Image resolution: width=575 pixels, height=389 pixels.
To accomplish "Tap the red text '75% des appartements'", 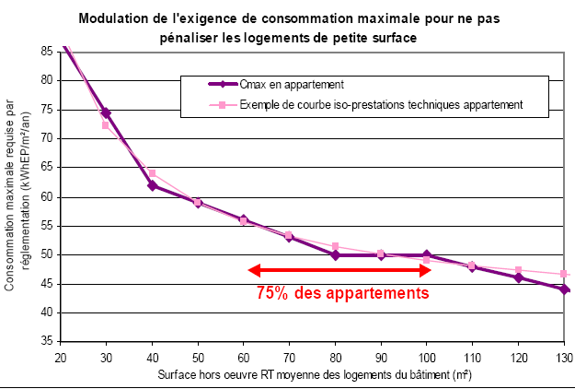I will click(343, 295).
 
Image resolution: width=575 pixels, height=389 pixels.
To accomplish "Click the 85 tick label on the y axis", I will click(44, 50).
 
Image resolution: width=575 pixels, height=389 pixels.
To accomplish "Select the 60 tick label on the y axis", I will click(44, 196).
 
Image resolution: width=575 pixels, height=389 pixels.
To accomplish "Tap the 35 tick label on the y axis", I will click(44, 342).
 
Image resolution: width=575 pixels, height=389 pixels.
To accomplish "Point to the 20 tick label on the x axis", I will click(61, 357).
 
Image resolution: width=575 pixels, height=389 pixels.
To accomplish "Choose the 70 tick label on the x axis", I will click(289, 357).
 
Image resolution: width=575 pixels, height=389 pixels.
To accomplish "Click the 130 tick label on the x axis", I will click(563, 357).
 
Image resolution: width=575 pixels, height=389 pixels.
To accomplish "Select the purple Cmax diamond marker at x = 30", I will click(106, 113).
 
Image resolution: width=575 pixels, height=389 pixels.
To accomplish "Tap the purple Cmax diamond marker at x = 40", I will click(152, 186).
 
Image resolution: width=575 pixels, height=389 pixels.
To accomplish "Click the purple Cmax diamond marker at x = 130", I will click(564, 289).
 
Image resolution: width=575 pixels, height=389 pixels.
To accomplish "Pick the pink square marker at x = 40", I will click(152, 173).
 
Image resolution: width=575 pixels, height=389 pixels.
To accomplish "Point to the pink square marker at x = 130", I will click(564, 274).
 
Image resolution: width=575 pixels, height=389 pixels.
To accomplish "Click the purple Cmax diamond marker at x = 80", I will click(335, 255).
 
